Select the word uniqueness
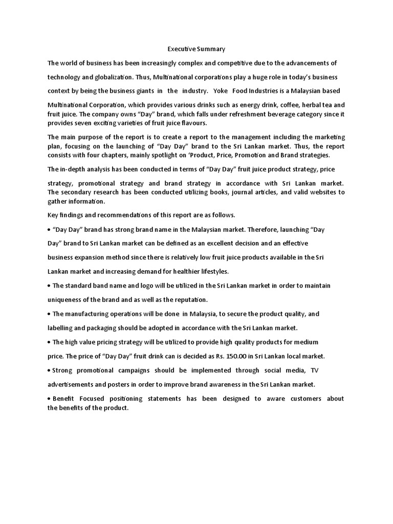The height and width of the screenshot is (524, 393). [x=67, y=299]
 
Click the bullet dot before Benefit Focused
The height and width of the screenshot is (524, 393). [x=49, y=399]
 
